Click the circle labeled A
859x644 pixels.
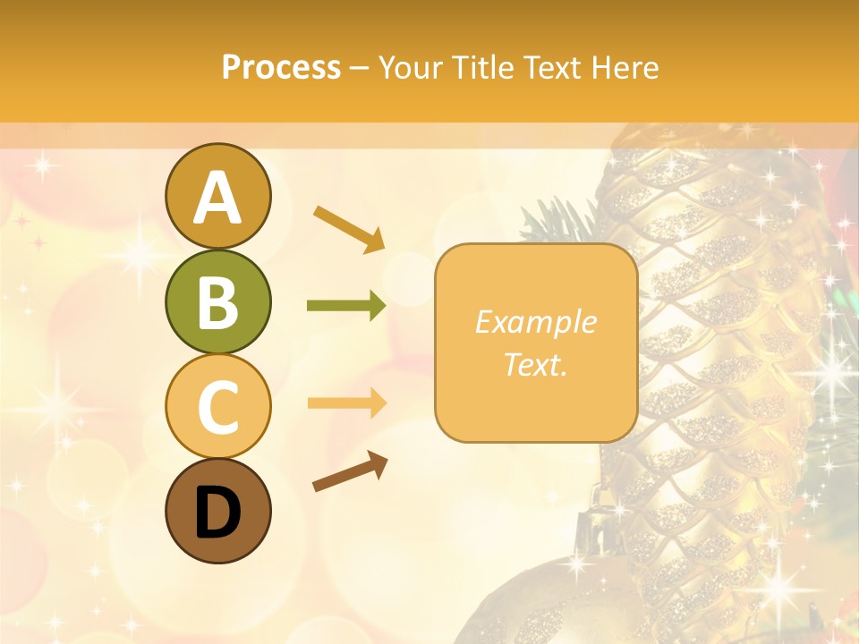click(217, 196)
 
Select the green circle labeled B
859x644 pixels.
click(217, 301)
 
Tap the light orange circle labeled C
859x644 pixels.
click(217, 407)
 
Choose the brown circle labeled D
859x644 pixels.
click(217, 512)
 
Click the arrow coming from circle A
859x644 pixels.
click(349, 228)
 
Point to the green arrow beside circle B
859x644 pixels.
click(346, 306)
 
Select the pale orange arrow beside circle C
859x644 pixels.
click(346, 402)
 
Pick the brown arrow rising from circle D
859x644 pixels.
click(350, 471)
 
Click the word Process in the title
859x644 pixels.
click(281, 68)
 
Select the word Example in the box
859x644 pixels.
click(535, 322)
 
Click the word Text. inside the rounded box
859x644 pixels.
click(535, 364)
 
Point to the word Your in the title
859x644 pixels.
click(408, 68)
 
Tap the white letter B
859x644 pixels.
click(217, 302)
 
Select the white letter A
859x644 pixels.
click(217, 198)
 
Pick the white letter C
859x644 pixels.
click(217, 408)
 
